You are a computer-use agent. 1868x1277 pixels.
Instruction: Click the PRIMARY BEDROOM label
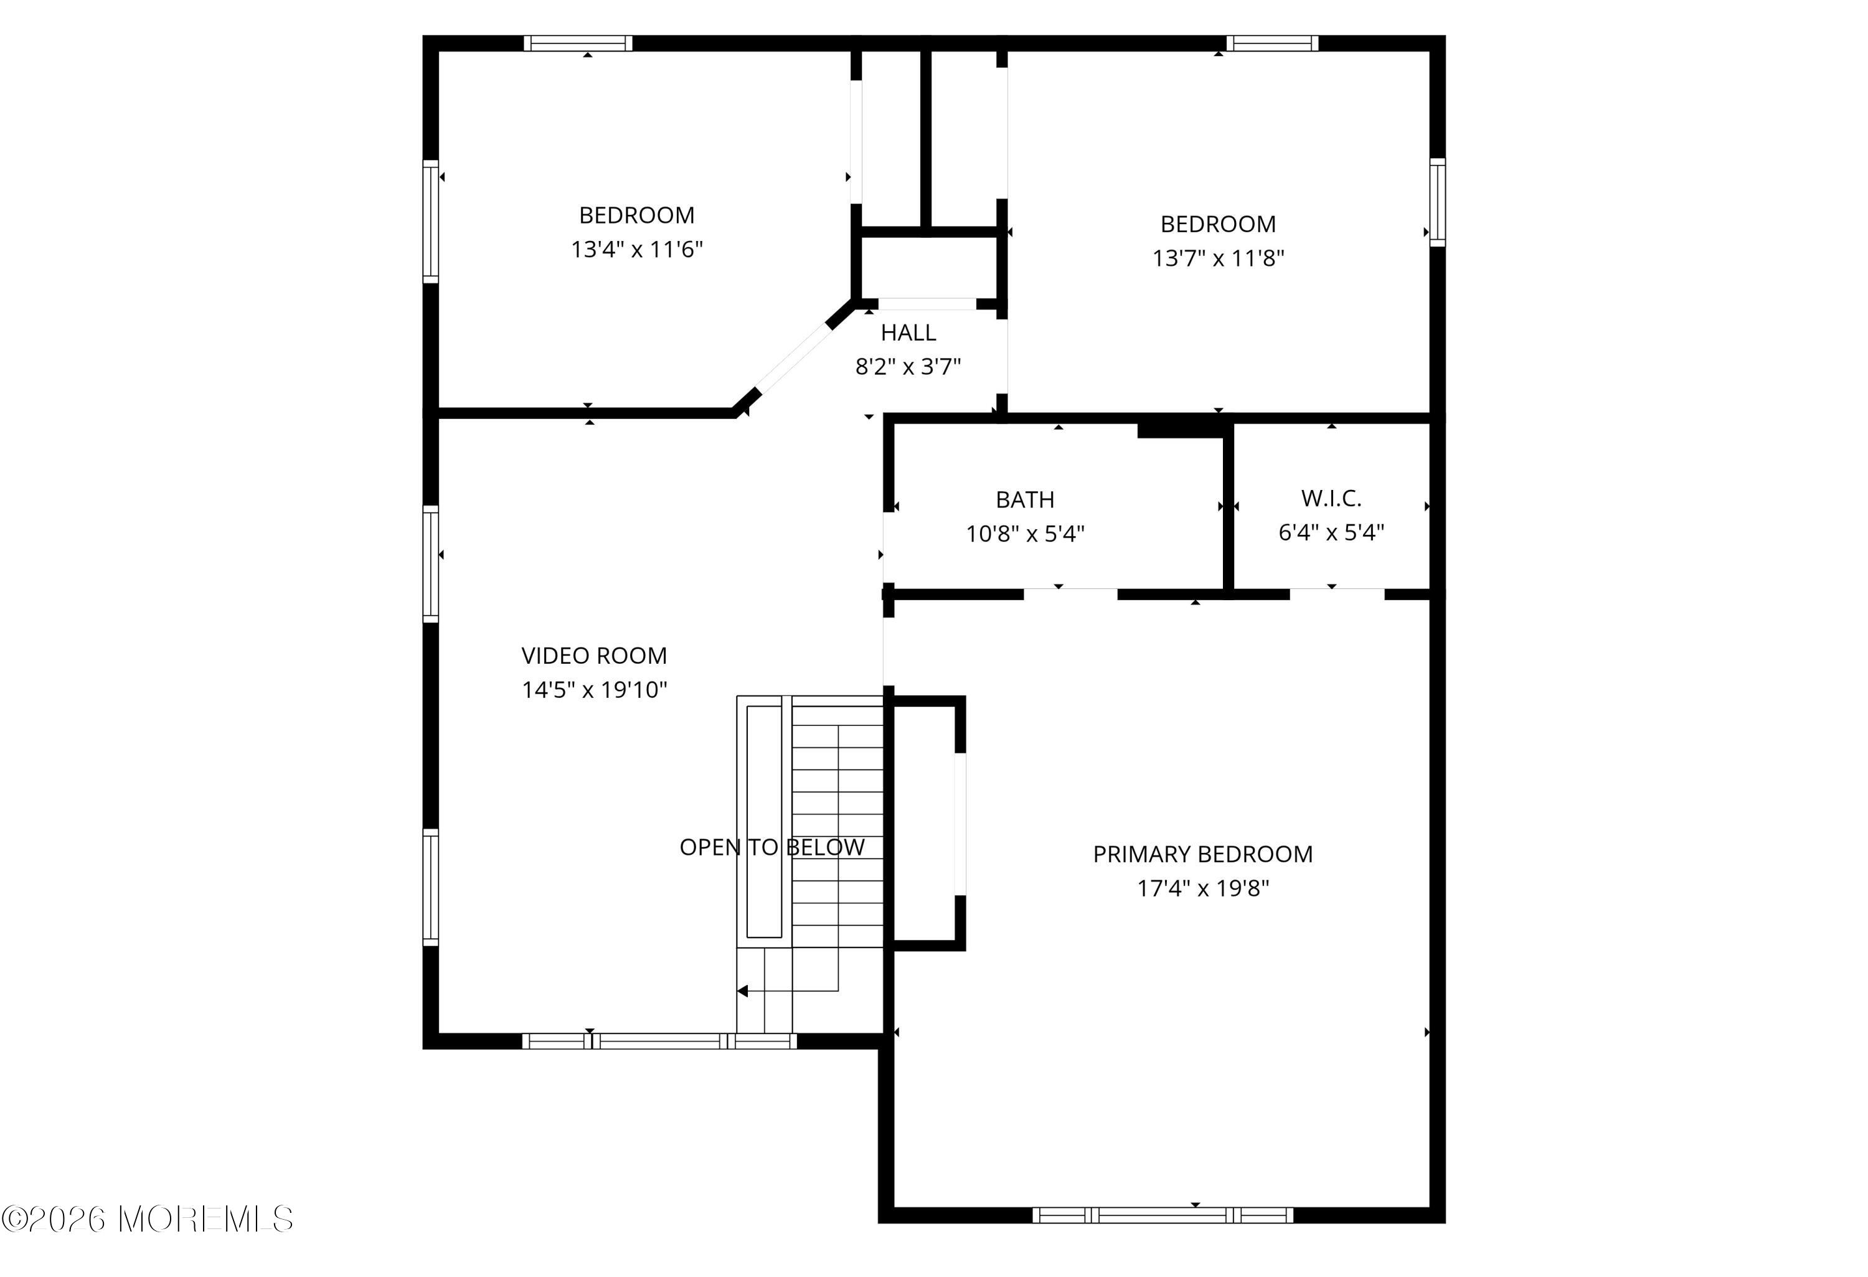coord(1202,854)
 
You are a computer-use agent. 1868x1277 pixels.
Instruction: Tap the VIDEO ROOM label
coord(594,656)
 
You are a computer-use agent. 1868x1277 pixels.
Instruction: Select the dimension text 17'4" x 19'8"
coord(1202,888)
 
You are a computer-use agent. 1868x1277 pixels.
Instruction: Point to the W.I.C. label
coord(1331,498)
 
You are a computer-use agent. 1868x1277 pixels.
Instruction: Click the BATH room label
coord(1025,500)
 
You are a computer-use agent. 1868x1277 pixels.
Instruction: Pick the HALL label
coord(908,332)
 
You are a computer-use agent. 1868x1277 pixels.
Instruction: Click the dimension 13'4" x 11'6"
coord(636,249)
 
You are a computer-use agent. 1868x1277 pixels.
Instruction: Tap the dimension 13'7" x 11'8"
coord(1218,258)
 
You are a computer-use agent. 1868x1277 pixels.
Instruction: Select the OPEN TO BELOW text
coord(771,847)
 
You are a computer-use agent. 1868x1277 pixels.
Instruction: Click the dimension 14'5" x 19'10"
coord(594,689)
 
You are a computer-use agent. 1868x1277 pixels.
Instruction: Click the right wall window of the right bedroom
coord(1437,202)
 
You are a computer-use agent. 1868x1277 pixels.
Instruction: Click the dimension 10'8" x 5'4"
coord(1025,534)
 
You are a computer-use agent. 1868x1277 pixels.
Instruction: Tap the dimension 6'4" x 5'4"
coord(1331,532)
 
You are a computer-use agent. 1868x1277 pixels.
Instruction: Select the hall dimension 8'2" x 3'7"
coord(908,367)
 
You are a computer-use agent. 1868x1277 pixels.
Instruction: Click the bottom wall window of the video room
coord(659,1041)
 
